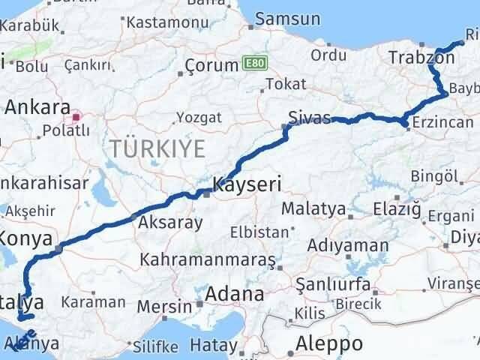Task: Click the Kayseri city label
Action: [x=247, y=182]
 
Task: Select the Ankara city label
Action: [x=37, y=107]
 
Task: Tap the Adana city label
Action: [x=236, y=294]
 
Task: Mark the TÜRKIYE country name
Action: [x=157, y=148]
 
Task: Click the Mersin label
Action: [x=172, y=306]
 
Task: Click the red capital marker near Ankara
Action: [x=77, y=117]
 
